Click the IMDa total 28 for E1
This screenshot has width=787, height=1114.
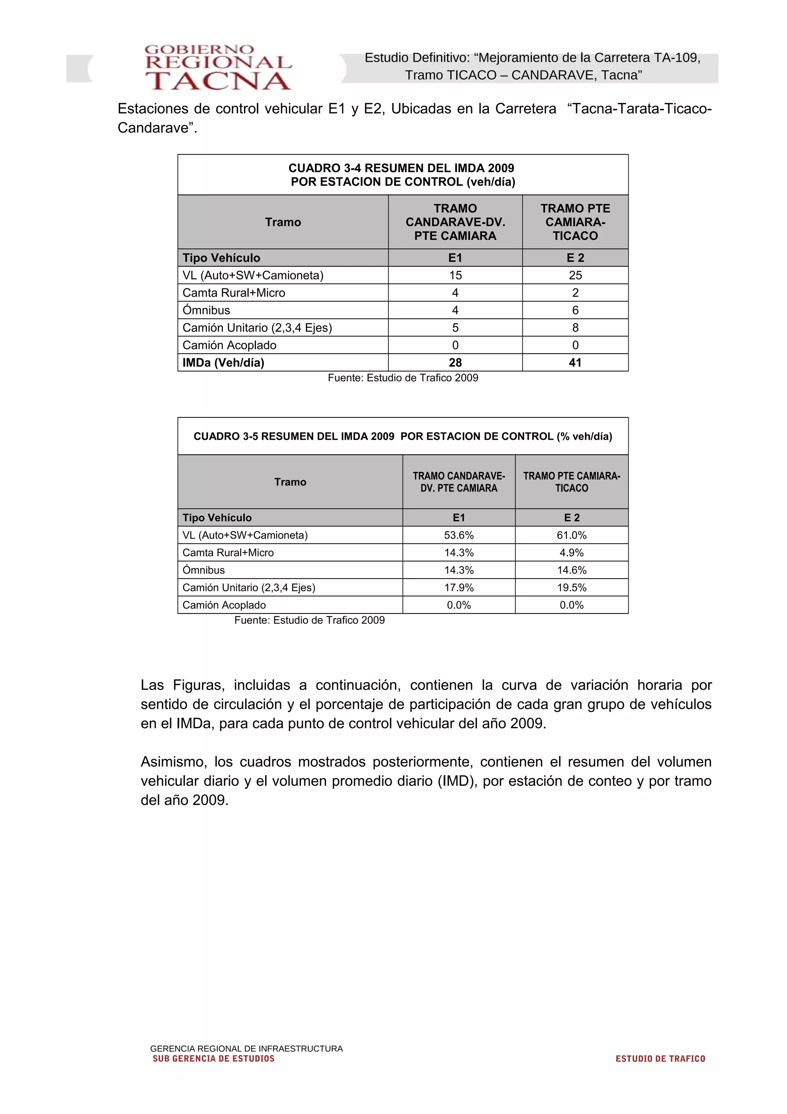tap(455, 362)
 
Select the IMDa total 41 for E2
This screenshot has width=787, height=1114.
tap(575, 362)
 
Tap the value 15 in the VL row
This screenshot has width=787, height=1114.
tap(455, 275)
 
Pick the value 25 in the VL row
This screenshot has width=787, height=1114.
tap(575, 275)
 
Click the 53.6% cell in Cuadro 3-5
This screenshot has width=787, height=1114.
tap(459, 535)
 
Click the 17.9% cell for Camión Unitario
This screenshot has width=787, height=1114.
tap(459, 588)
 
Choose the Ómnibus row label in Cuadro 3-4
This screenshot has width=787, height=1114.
tap(206, 310)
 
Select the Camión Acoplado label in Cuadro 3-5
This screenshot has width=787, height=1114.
tap(224, 605)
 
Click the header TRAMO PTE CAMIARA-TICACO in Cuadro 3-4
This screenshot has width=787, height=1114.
tap(575, 222)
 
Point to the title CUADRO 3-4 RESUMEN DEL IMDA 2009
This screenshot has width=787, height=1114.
tap(402, 168)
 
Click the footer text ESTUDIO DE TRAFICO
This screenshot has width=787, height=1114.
tap(660, 1059)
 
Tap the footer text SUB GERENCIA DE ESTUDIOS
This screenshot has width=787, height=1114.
tap(213, 1059)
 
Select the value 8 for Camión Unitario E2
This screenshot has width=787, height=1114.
tap(575, 328)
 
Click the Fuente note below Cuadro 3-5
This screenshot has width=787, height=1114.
tap(309, 620)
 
